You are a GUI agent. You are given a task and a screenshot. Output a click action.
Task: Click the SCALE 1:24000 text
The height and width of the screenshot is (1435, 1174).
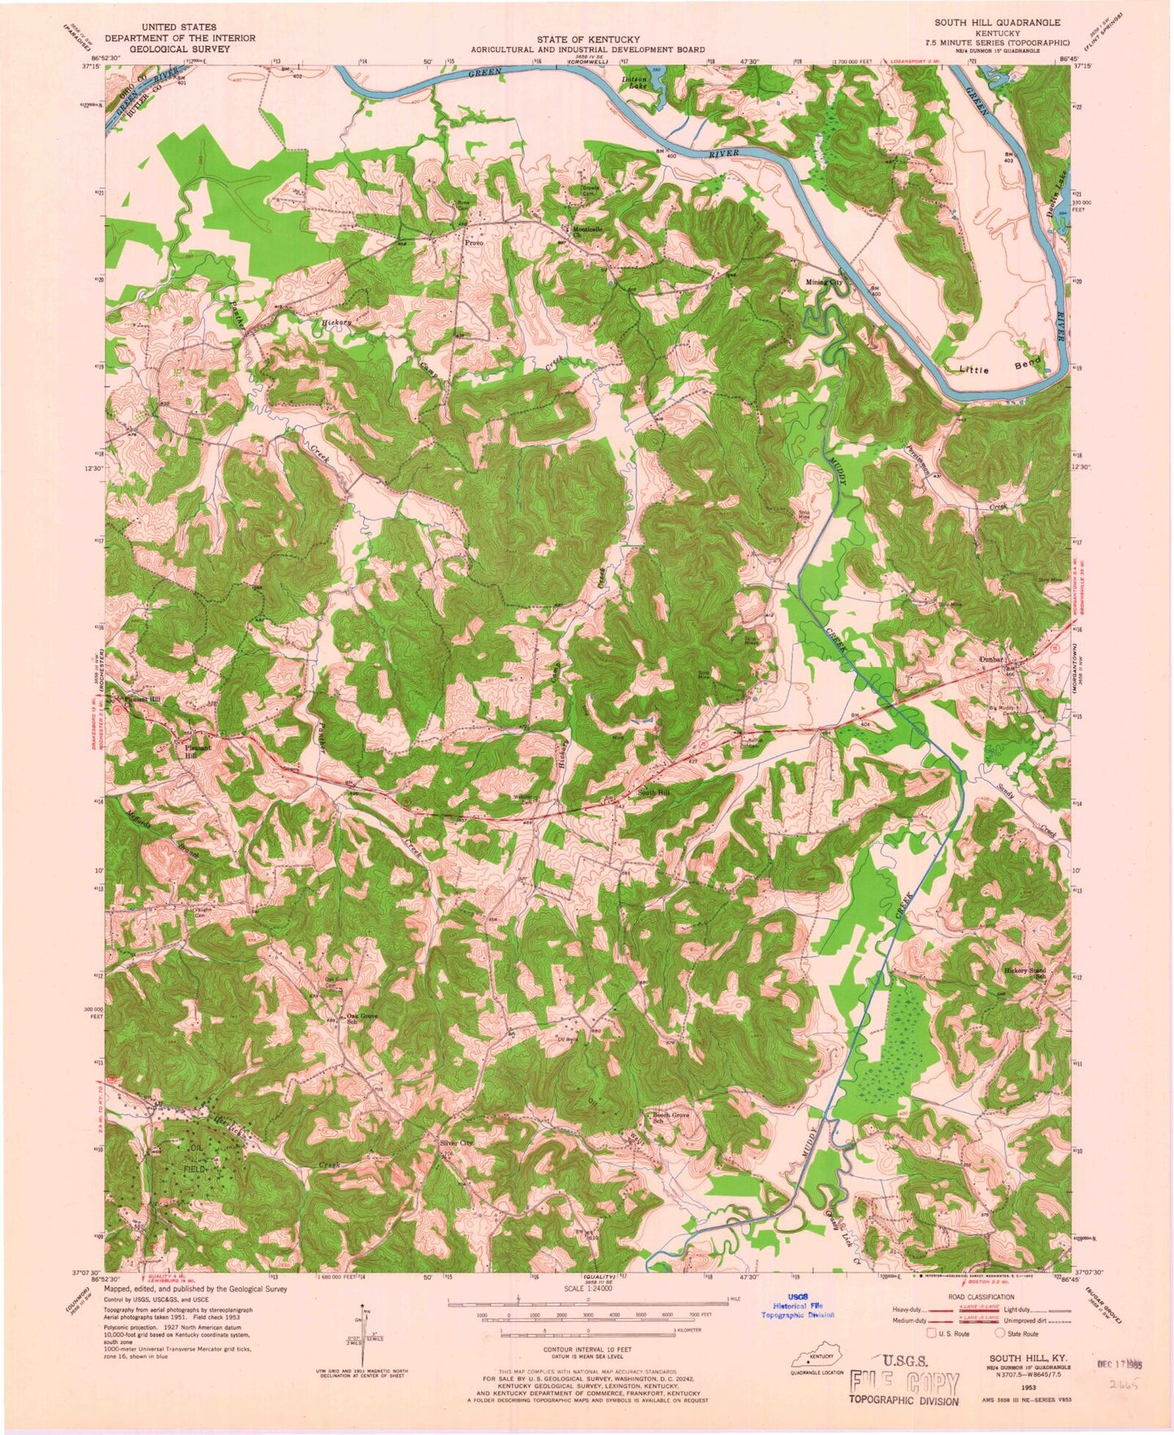pyautogui.click(x=584, y=1289)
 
